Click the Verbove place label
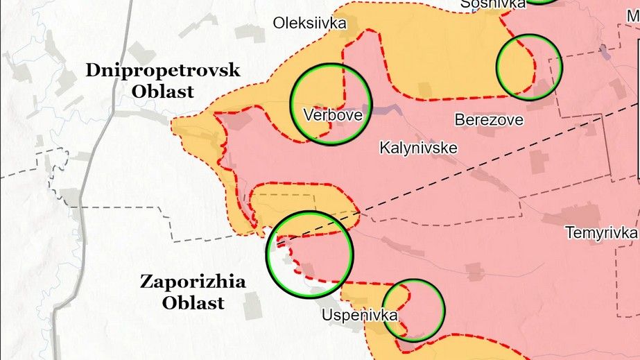pyautogui.click(x=333, y=115)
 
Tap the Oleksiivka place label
pyautogui.click(x=309, y=23)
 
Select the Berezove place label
pyautogui.click(x=489, y=119)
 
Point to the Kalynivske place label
pyautogui.click(x=418, y=147)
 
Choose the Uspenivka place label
pyautogui.click(x=360, y=315)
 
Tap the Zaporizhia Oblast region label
pyautogui.click(x=193, y=292)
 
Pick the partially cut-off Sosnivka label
pyautogui.click(x=493, y=4)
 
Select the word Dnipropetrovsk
pyautogui.click(x=163, y=70)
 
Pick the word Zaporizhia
pyautogui.click(x=193, y=282)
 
